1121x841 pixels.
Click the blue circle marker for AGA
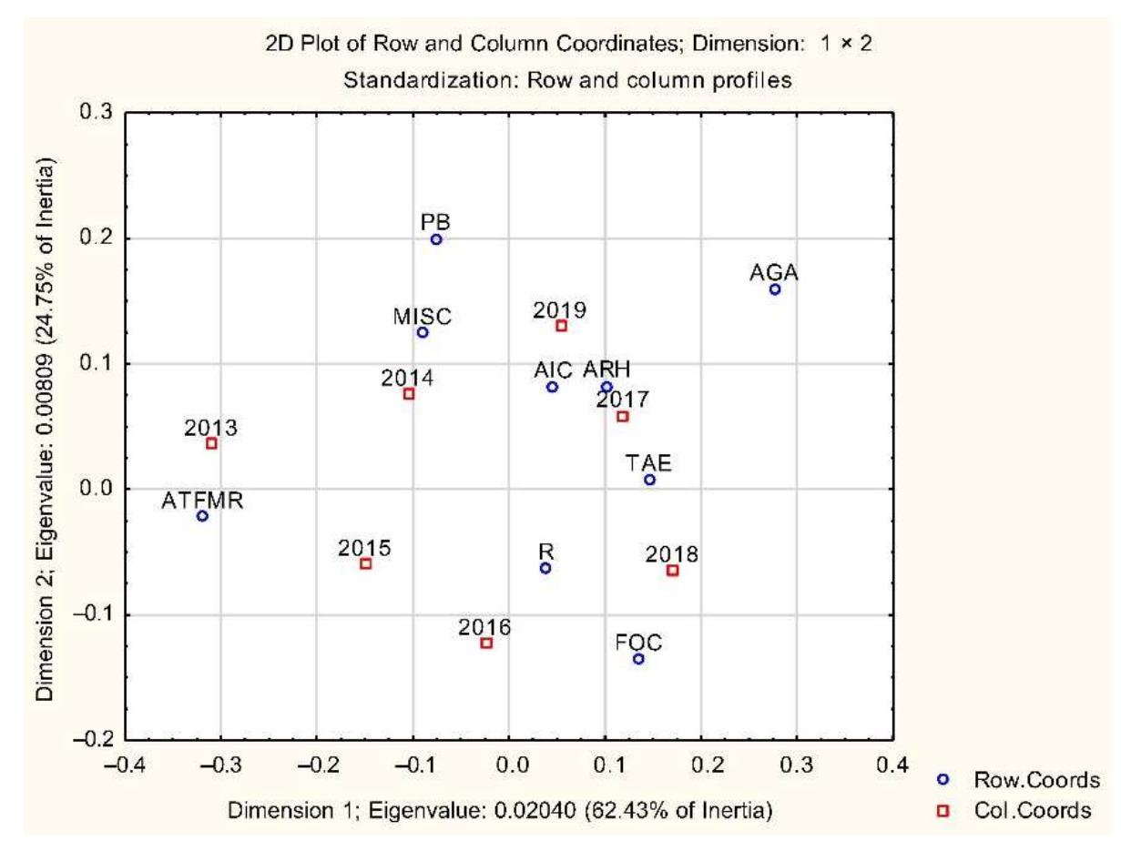(775, 289)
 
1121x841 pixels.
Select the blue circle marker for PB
(436, 239)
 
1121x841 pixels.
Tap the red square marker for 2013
(211, 443)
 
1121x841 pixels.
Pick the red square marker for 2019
(561, 325)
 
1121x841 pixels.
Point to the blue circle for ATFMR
(202, 516)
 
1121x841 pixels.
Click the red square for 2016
(486, 643)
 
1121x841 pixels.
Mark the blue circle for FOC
(638, 659)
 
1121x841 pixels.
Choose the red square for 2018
(672, 571)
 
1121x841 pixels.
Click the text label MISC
(423, 316)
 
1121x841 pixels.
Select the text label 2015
(364, 548)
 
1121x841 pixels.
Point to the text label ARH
(606, 370)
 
